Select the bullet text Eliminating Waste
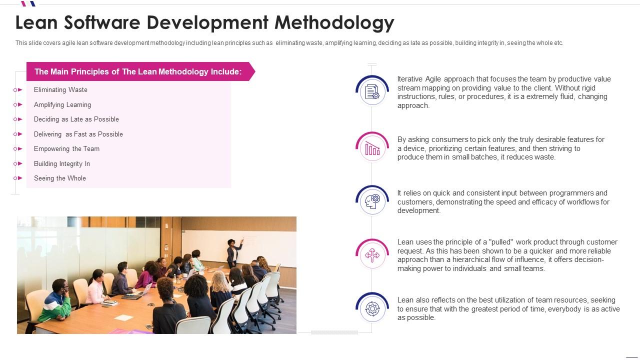[60, 90]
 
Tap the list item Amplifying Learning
[62, 105]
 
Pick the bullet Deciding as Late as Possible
[76, 119]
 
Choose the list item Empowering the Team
[66, 149]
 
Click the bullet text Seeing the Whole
[59, 178]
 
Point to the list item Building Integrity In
[61, 164]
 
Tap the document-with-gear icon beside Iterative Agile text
[372, 92]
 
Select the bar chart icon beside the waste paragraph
[372, 148]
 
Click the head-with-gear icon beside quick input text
[372, 201]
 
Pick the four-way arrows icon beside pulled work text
[372, 255]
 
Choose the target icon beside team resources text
[372, 308]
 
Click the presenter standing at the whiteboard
[232, 252]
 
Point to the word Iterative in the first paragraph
[409, 79]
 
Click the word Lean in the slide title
[37, 23]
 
